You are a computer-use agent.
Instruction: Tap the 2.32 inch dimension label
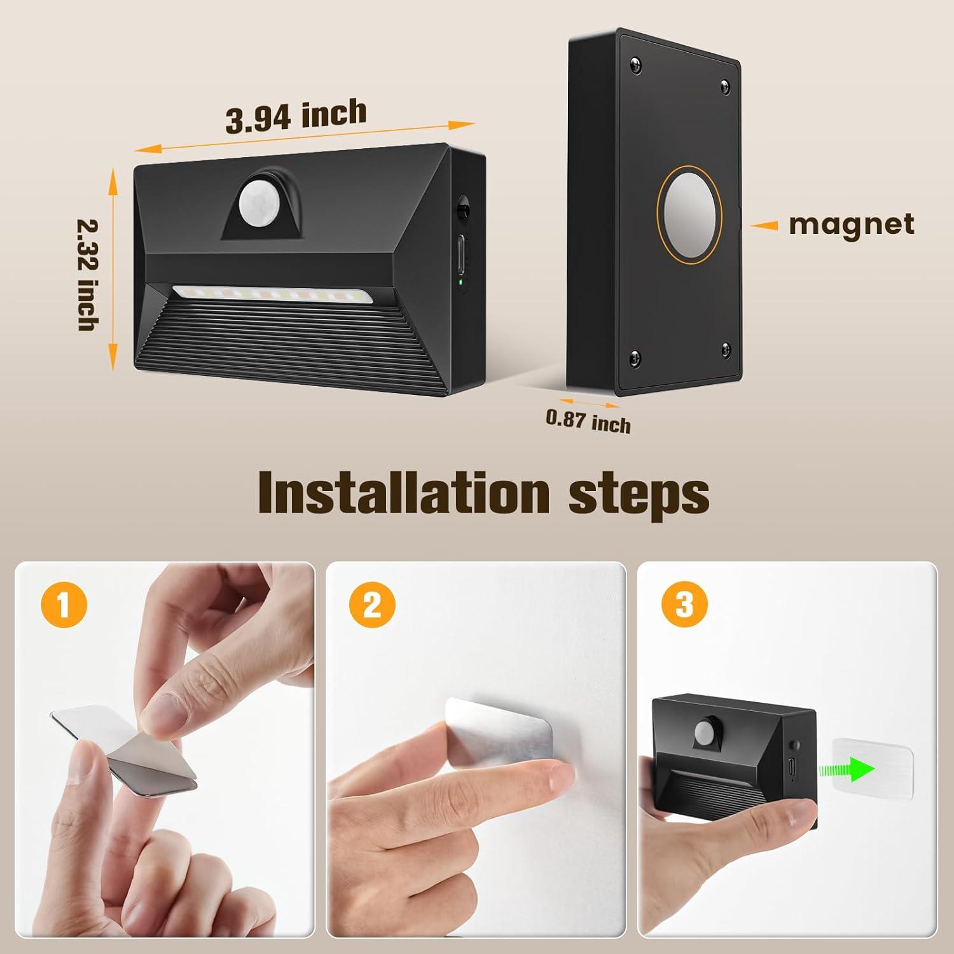[87, 274]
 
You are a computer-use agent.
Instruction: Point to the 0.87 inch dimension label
[588, 421]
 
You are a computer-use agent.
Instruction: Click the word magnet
[852, 225]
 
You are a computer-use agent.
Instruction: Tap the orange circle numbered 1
[64, 604]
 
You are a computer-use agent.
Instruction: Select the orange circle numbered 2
[373, 604]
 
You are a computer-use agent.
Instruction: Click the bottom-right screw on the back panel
[726, 347]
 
